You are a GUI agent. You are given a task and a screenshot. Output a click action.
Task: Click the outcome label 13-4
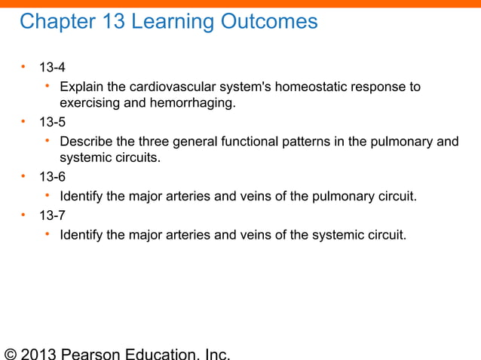[x=52, y=69]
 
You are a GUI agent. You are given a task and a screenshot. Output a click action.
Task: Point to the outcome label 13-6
[x=52, y=178]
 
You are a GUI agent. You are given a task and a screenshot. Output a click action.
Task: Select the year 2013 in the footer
[x=40, y=354]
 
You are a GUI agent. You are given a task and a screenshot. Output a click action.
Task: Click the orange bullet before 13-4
[x=24, y=69]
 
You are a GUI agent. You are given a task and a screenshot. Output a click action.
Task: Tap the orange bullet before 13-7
[x=24, y=215]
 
